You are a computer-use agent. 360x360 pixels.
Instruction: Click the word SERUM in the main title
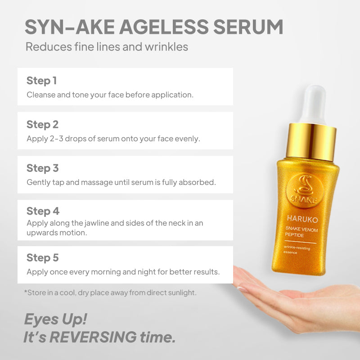(248, 27)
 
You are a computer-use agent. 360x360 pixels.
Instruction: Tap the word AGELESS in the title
(164, 27)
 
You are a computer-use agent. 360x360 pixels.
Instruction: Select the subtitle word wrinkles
(166, 47)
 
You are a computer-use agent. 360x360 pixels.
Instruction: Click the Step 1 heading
(41, 81)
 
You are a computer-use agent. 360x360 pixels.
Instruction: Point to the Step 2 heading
(42, 125)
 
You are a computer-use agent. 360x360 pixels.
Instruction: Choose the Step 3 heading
(42, 168)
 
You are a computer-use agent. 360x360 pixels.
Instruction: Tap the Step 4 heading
(43, 211)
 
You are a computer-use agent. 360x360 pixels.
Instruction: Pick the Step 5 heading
(42, 258)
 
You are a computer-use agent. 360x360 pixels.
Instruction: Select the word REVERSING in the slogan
(93, 337)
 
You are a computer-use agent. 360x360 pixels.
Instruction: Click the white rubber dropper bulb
(314, 105)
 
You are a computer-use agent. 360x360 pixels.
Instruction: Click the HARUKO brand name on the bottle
(302, 219)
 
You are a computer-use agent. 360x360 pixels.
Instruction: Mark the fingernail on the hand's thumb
(243, 289)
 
